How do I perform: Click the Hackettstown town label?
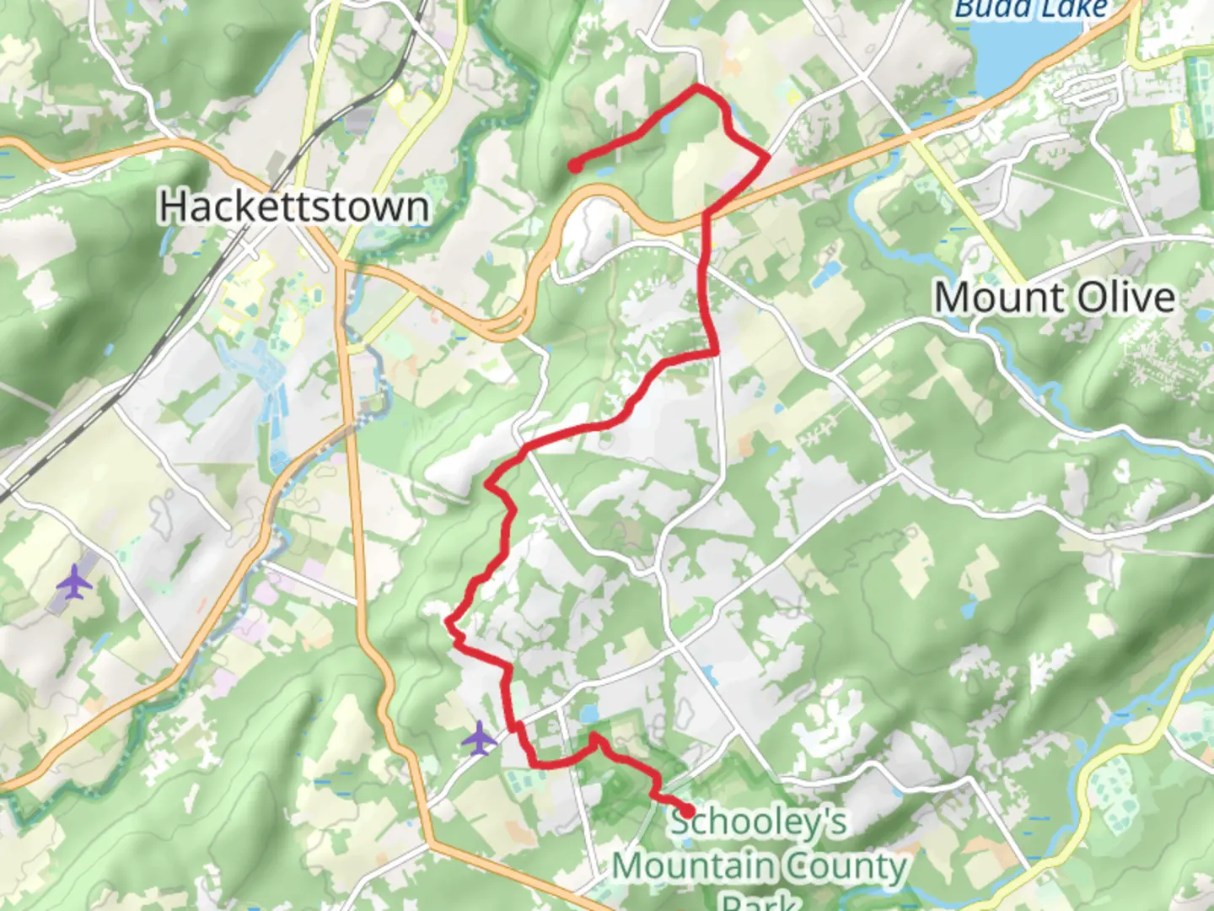coord(293,207)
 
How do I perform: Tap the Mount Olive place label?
coord(1055,298)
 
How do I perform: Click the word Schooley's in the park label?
coord(759,822)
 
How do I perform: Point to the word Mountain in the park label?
coord(693,866)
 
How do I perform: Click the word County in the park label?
coord(845,866)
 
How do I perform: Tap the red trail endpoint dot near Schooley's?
coord(687,811)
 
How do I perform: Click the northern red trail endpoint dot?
coord(574,166)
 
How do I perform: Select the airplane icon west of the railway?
coord(74,581)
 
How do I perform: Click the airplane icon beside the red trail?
coord(480,738)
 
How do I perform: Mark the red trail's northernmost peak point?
coord(696,87)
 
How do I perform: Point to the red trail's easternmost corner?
coord(767,157)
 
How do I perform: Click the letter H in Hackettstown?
coord(171,207)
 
